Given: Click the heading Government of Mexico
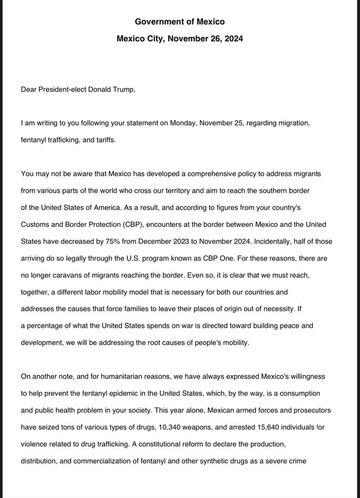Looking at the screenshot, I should tap(180, 21).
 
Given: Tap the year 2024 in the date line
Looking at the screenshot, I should tap(233, 38).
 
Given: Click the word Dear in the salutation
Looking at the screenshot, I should tap(29, 90).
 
